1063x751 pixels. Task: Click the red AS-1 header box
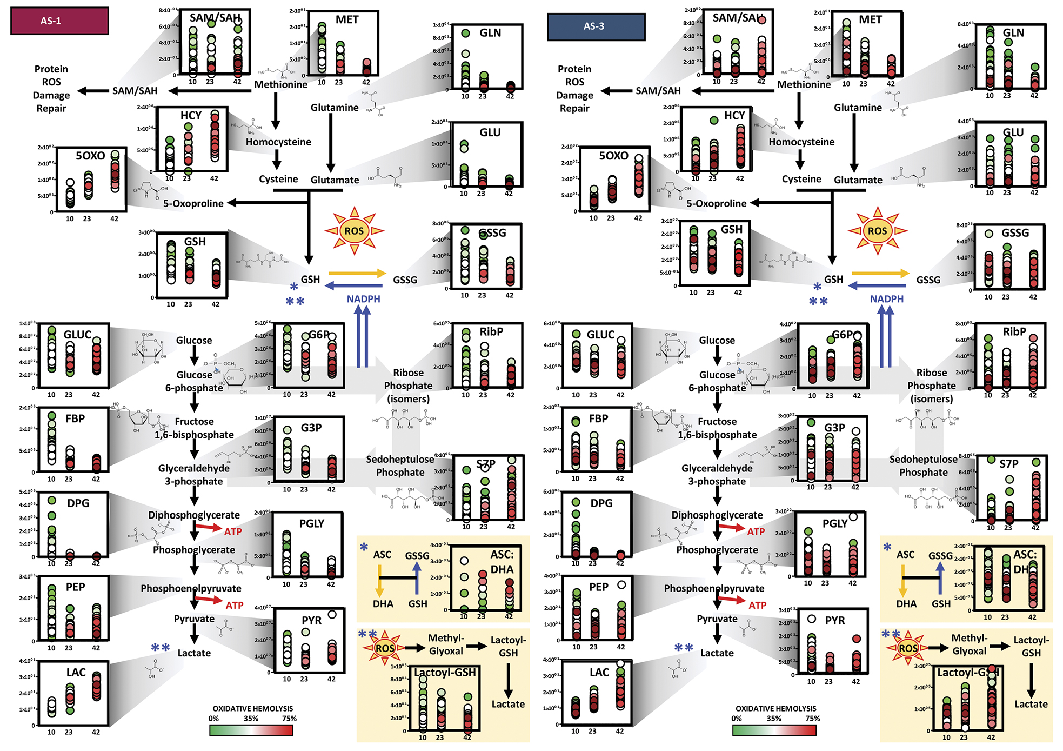tap(59, 21)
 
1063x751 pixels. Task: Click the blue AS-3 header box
tap(596, 26)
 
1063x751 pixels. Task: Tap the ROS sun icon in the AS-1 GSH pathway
tap(354, 231)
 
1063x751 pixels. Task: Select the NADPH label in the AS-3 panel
tap(886, 299)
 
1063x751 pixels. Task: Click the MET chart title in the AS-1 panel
tap(347, 20)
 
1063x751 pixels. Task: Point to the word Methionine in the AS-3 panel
tap(804, 84)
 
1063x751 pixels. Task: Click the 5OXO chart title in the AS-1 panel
tap(90, 156)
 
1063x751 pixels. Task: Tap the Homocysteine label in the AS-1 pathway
tap(278, 142)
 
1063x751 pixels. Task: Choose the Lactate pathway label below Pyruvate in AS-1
tap(194, 653)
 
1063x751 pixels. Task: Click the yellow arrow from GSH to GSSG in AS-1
tap(357, 273)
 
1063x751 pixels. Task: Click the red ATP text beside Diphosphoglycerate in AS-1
tap(233, 531)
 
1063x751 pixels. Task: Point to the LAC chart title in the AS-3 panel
tap(599, 673)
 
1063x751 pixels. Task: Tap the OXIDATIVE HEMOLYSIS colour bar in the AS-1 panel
tap(251, 730)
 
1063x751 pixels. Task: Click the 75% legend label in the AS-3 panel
tap(812, 719)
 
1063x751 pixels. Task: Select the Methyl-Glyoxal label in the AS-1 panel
tap(446, 644)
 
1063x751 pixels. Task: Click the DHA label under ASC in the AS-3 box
tap(906, 604)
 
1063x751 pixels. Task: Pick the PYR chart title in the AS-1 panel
tap(312, 620)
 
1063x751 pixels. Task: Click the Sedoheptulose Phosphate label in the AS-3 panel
tap(923, 466)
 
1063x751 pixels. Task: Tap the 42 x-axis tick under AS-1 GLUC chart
tap(96, 395)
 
